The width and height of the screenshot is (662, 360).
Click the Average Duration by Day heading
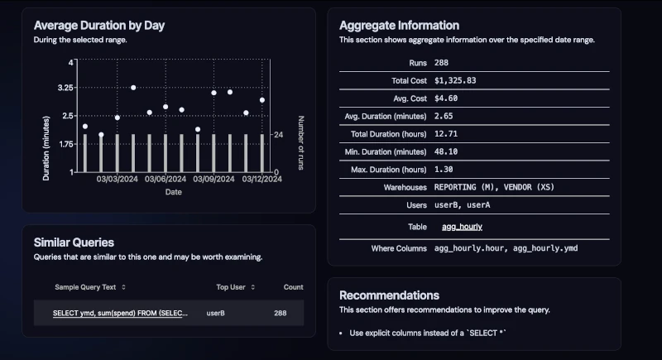tap(99, 25)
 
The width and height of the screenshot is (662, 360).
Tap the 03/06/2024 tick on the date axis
tap(165, 178)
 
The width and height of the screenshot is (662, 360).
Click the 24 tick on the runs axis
tap(278, 134)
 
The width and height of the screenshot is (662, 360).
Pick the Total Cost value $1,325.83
tap(454, 80)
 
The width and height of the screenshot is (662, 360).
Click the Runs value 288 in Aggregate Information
tap(441, 63)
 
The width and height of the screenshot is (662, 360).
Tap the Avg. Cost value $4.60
tap(447, 98)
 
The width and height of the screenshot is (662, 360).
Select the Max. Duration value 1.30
tap(444, 170)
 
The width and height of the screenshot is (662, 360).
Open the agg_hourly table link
tap(462, 226)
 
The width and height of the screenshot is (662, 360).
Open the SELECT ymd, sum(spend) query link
tap(120, 314)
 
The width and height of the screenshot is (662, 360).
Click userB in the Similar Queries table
tap(216, 314)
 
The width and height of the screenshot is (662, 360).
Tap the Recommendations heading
tap(389, 295)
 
